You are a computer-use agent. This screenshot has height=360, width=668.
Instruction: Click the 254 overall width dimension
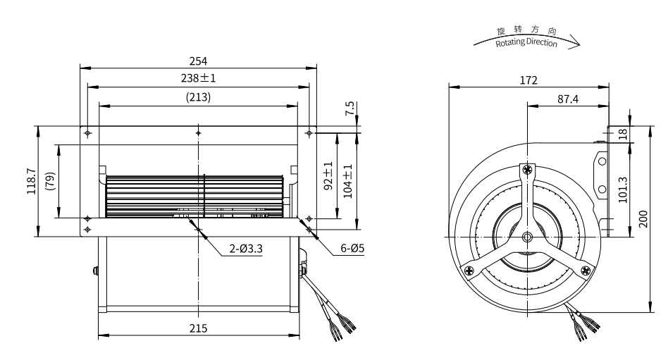click(x=198, y=61)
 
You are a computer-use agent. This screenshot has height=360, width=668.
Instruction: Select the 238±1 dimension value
click(x=198, y=78)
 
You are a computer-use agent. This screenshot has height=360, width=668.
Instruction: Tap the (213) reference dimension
click(x=198, y=97)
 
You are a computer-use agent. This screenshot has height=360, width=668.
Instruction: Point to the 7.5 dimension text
click(x=350, y=108)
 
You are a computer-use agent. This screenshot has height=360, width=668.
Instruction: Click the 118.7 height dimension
click(x=32, y=181)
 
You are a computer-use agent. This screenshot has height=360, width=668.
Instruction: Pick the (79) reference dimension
click(x=50, y=181)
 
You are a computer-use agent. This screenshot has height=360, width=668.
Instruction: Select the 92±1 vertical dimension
click(x=328, y=175)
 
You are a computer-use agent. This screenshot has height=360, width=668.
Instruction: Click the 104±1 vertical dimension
click(x=347, y=181)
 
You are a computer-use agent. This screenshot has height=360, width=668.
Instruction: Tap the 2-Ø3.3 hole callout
click(x=246, y=249)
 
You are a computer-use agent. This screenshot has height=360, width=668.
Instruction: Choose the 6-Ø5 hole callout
click(x=352, y=248)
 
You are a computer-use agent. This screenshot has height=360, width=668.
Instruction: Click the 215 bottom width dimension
click(x=198, y=328)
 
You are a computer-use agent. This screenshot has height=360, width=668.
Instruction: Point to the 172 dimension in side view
click(x=528, y=80)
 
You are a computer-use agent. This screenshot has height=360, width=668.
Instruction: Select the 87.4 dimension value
click(x=568, y=99)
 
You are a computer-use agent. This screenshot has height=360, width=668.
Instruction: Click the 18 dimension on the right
click(x=623, y=134)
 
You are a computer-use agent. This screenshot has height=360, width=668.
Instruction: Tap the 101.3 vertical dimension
click(x=622, y=190)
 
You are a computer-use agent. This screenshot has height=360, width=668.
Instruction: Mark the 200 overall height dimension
click(x=643, y=219)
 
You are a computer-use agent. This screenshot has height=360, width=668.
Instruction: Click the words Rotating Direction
click(x=526, y=42)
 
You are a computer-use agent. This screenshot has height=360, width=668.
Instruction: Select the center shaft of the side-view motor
click(x=527, y=237)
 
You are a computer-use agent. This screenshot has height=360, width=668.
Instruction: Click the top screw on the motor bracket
click(x=528, y=170)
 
